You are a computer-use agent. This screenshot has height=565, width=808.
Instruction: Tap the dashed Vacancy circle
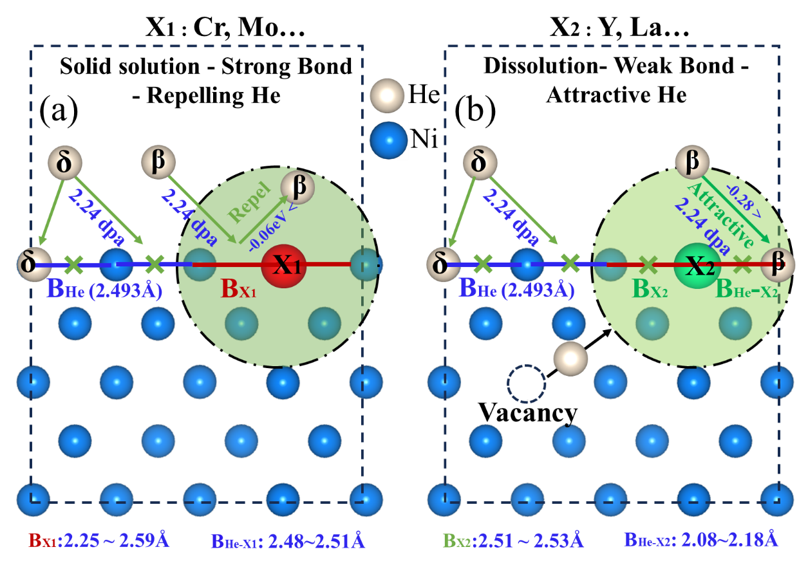click(526, 384)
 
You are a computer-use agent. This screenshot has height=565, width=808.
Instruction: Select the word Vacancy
click(527, 412)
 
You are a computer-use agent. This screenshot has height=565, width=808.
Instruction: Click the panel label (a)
click(59, 111)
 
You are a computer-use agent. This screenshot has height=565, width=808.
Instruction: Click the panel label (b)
click(474, 111)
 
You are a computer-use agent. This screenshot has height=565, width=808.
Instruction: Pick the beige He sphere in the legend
click(388, 96)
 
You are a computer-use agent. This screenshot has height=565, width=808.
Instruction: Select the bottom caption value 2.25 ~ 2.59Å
click(118, 540)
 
